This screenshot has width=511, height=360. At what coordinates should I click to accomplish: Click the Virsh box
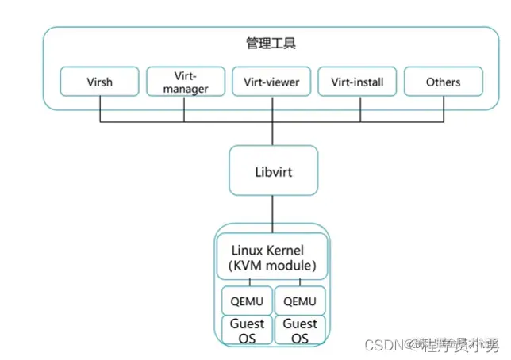(100, 82)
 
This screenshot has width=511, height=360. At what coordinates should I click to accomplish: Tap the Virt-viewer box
(271, 82)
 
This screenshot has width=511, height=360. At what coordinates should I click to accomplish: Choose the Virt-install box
(357, 82)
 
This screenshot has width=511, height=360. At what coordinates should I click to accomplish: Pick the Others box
(443, 82)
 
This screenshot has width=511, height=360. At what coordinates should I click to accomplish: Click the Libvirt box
(272, 170)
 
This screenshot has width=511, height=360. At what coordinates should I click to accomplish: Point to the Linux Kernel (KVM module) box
(272, 255)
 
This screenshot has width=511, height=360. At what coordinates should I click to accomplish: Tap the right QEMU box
(299, 301)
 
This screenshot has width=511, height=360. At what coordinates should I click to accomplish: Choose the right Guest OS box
(299, 330)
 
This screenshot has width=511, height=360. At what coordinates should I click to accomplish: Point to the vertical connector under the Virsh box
(100, 109)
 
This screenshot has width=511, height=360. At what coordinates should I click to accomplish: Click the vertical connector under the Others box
(443, 109)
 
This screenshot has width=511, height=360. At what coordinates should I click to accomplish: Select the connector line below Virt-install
(357, 109)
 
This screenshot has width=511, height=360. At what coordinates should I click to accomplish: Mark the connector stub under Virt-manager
(186, 109)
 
